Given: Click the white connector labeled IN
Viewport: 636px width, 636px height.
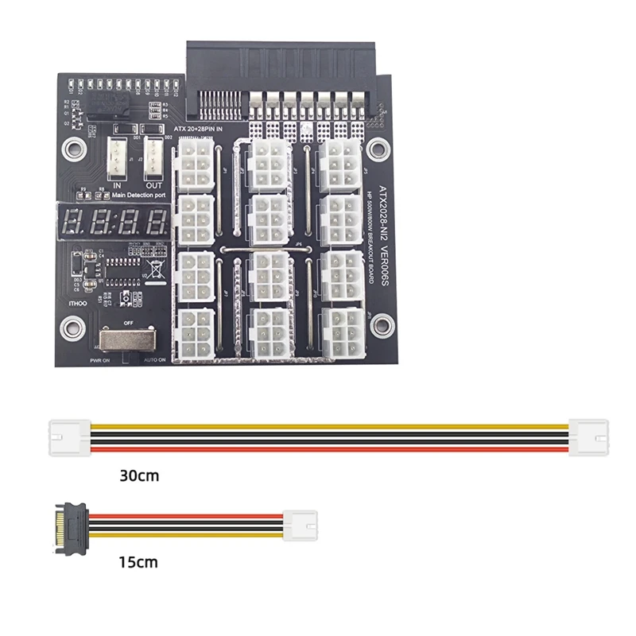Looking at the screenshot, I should coord(114,154).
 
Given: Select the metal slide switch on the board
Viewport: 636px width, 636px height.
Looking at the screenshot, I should coord(125,341).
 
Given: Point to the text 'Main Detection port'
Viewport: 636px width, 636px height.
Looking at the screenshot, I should coord(138,193).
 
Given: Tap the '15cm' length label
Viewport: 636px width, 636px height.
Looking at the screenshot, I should coord(138,562).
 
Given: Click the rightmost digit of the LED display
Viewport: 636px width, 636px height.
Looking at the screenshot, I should coord(157,220).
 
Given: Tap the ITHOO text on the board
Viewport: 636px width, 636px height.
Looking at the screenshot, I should coord(78,304).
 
